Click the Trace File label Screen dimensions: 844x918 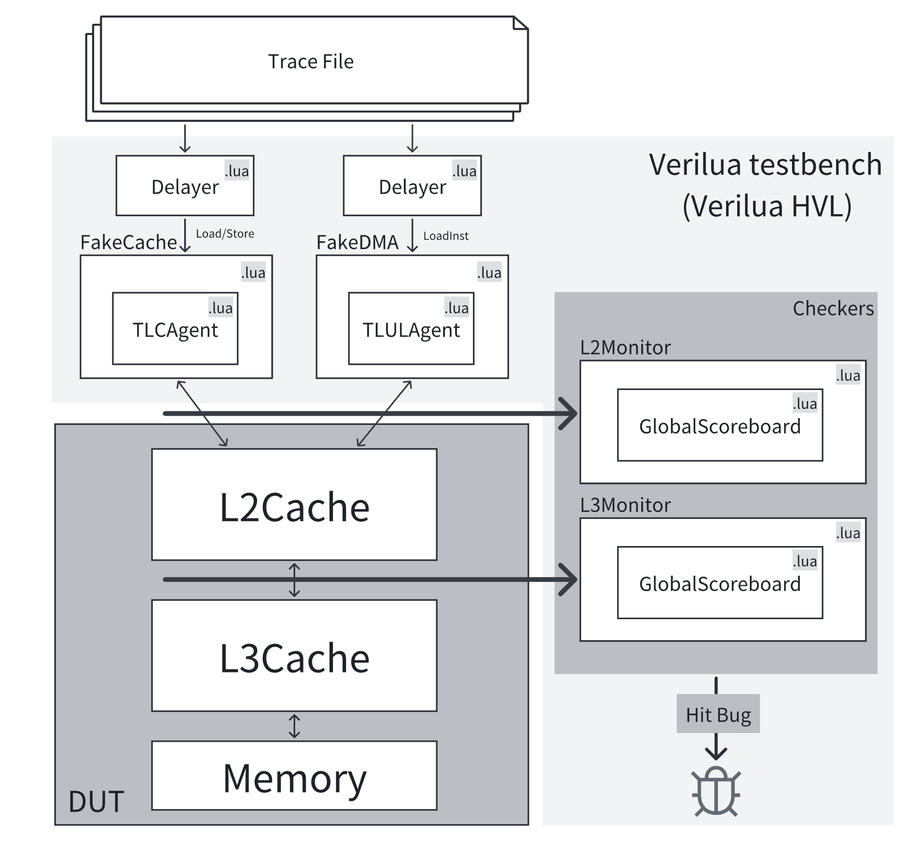311,62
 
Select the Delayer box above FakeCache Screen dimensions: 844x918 185,186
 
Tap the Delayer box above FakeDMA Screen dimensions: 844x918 412,186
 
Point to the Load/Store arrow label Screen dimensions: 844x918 225,234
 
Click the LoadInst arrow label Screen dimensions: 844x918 446,236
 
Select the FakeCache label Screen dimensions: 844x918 128,242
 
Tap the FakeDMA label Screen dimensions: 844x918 357,242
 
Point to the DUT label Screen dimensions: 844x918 96,801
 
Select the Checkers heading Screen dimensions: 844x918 833,309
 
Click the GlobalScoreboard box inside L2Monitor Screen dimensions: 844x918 720,425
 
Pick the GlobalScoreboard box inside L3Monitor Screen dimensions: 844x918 720,583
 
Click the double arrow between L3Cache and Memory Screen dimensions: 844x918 294,726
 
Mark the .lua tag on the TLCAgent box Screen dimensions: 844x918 221,308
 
